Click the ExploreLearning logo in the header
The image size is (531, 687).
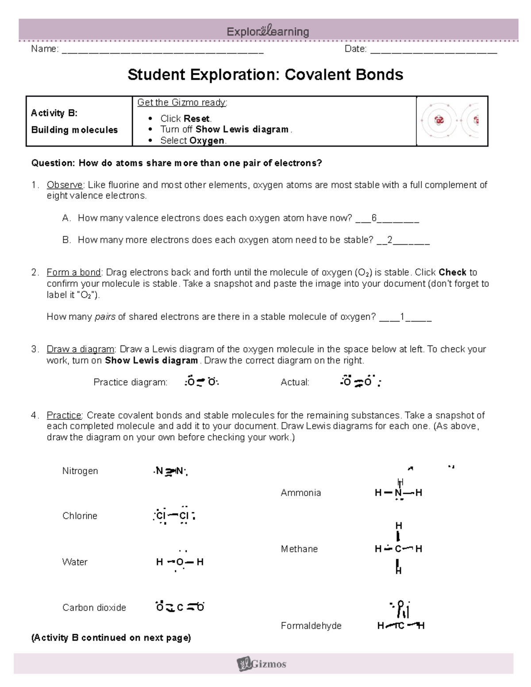(x=268, y=31)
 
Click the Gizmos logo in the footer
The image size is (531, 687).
(x=262, y=664)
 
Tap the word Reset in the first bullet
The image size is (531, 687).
(x=197, y=119)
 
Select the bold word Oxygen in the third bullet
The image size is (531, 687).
(x=207, y=141)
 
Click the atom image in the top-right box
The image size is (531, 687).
(x=452, y=120)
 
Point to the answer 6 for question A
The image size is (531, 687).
(x=374, y=218)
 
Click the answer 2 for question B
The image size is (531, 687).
(x=390, y=240)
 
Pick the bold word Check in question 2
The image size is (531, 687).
(x=452, y=272)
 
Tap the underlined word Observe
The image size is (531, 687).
(x=65, y=185)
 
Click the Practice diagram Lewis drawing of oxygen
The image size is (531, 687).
(x=201, y=382)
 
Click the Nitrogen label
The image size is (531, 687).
(x=80, y=471)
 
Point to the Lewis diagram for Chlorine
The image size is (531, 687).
(x=173, y=515)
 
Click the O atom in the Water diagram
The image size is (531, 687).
(x=180, y=562)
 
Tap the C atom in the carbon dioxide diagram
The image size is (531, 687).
(x=180, y=607)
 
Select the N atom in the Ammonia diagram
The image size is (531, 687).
(x=398, y=493)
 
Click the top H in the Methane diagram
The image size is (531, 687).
(x=398, y=526)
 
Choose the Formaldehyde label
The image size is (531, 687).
(x=311, y=626)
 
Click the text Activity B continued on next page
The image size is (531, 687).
(x=111, y=637)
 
